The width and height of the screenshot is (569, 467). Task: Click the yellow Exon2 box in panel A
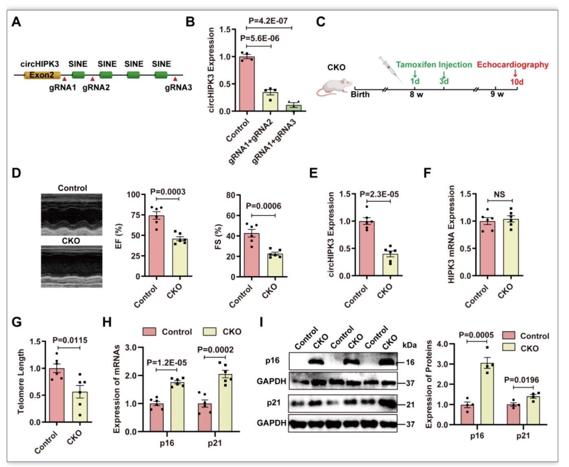click(x=42, y=75)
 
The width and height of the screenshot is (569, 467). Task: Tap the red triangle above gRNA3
click(x=175, y=79)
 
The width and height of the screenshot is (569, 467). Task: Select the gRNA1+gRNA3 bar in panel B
click(x=293, y=108)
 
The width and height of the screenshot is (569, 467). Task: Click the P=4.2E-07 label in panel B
click(x=268, y=21)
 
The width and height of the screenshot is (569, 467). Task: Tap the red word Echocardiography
click(x=513, y=65)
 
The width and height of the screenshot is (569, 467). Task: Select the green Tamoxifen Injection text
click(x=434, y=65)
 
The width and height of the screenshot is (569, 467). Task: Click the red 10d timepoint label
click(x=517, y=82)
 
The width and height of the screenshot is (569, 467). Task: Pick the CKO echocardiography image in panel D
click(x=71, y=267)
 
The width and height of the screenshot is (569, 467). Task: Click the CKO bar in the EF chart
click(x=180, y=258)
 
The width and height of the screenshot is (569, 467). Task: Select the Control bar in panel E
click(x=367, y=248)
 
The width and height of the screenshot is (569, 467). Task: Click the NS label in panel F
click(x=499, y=194)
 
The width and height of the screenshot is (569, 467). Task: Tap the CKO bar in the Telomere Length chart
click(x=80, y=407)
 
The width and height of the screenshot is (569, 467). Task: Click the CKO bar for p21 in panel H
click(x=225, y=403)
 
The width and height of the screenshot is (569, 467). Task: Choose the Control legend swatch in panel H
click(x=149, y=332)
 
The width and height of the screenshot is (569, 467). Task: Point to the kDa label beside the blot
click(x=409, y=345)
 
